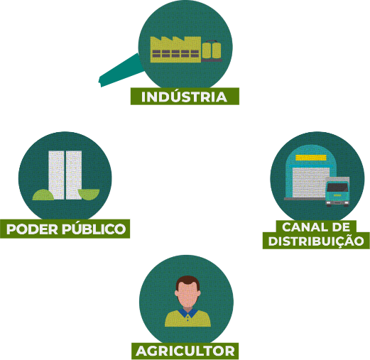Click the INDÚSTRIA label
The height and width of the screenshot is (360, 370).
185,97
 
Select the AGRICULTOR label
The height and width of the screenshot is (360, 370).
185,351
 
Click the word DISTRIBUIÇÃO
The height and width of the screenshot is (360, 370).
316,241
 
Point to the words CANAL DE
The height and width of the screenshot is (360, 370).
316,227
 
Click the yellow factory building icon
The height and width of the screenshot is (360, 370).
175,50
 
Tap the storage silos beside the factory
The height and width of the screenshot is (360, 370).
212,50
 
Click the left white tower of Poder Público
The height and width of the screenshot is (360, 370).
56,175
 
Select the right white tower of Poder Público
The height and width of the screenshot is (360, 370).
74,175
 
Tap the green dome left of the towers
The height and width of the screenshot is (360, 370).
43,195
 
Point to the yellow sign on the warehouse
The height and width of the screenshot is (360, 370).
311,158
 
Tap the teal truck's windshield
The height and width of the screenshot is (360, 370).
337,187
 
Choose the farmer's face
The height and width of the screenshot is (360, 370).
187,294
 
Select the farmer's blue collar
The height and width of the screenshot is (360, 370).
187,313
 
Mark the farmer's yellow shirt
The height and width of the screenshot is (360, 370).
187,319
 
